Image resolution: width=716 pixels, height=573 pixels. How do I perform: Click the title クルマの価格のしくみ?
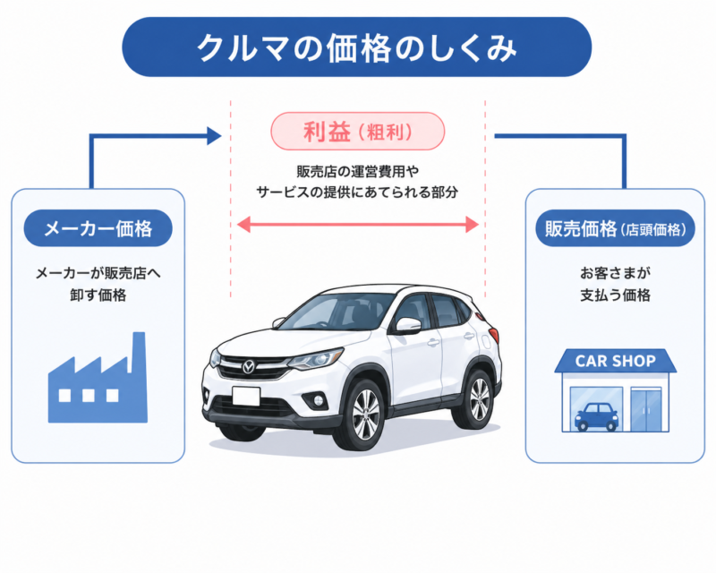(x=357, y=47)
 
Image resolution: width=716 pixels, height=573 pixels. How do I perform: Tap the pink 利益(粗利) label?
(x=357, y=132)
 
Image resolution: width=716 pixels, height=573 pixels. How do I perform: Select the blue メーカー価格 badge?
(x=98, y=228)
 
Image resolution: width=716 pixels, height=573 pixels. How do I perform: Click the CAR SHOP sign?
(x=615, y=362)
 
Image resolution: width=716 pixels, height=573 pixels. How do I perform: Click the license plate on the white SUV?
(x=245, y=396)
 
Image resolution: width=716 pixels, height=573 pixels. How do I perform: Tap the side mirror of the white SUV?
(x=408, y=325)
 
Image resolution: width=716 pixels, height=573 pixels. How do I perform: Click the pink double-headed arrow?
(x=357, y=226)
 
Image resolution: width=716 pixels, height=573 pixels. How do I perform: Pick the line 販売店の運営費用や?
(x=357, y=171)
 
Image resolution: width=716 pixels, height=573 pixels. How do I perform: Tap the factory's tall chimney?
(x=139, y=355)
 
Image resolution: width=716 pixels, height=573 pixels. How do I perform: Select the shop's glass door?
(x=645, y=408)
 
